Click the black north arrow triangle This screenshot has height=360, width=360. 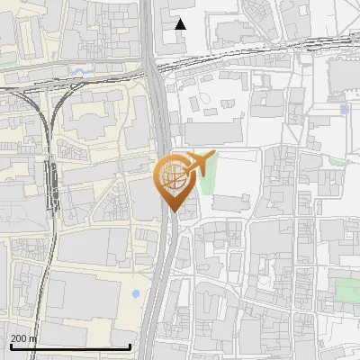click(180, 24)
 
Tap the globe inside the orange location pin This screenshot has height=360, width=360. click(173, 175)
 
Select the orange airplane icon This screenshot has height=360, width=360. click(199, 164)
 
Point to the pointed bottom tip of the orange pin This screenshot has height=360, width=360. click(173, 212)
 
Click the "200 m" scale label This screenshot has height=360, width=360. click(24, 338)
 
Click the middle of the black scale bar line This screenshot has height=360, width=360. click(70, 346)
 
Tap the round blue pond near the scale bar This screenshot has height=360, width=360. click(135, 294)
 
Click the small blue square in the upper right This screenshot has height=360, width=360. click(345, 109)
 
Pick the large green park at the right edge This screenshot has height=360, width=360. click(347, 291)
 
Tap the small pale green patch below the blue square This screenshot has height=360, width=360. click(337, 162)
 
